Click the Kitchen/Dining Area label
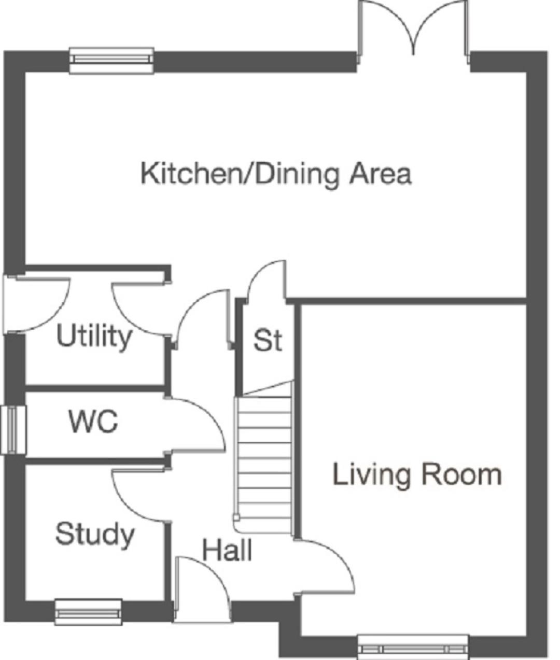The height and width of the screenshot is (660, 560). (x=276, y=174)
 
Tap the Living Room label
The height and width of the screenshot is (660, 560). (x=417, y=475)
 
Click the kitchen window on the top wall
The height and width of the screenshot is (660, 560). (x=112, y=61)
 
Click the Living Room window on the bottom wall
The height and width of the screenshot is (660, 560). (x=413, y=648)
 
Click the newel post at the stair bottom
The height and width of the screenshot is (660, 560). (x=236, y=517)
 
